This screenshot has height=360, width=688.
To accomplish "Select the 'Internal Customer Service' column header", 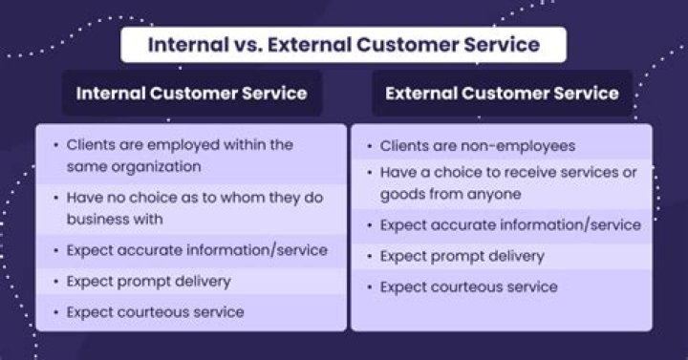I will pyautogui.click(x=191, y=94).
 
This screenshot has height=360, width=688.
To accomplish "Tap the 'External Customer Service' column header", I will pyautogui.click(x=502, y=94).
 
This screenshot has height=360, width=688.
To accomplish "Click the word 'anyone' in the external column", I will pyautogui.click(x=493, y=194).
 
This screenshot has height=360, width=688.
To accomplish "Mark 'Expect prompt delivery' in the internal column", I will pyautogui.click(x=148, y=281).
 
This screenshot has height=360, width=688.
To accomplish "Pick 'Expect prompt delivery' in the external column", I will pyautogui.click(x=462, y=256).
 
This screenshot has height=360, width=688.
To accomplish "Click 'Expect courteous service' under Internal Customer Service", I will pyautogui.click(x=155, y=311).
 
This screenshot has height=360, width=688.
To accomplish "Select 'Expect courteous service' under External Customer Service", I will pyautogui.click(x=468, y=286).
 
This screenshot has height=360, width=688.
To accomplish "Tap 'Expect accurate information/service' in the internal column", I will pyautogui.click(x=197, y=250).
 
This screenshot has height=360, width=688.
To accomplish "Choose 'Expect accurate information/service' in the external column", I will pyautogui.click(x=510, y=225).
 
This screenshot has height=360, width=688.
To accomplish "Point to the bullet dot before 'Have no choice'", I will pyautogui.click(x=54, y=199).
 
